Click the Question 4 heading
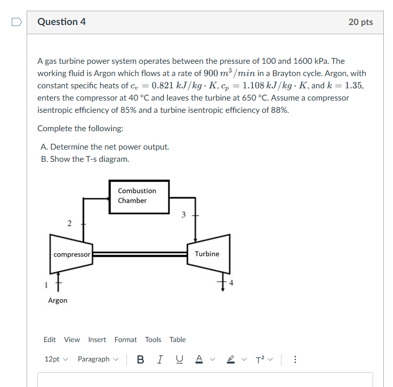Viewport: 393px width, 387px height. coord(61,22)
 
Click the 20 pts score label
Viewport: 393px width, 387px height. coord(360,22)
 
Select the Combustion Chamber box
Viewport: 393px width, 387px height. coord(139,196)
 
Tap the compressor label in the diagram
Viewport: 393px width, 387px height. coord(72,254)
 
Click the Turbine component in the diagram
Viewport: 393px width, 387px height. coord(207,254)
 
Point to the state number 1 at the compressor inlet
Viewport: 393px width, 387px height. coord(46,284)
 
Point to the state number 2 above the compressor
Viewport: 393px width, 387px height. coord(69,223)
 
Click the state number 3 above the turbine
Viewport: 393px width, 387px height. coord(184,214)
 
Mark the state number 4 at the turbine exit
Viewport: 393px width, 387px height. coord(231,284)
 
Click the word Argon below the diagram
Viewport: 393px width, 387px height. coord(57,301)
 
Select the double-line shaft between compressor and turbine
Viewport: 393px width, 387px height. coord(140,254)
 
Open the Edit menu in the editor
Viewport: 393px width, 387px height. coord(50,340)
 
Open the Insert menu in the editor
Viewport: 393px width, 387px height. coord(97,340)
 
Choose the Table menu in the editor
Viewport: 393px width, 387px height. coord(178,340)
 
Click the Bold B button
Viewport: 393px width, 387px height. coord(140,359)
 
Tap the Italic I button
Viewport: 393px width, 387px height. coord(160,359)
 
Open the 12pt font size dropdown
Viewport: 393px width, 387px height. coord(56,359)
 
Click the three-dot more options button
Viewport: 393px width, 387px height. coord(295,359)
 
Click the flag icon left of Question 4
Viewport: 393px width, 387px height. coord(17,22)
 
